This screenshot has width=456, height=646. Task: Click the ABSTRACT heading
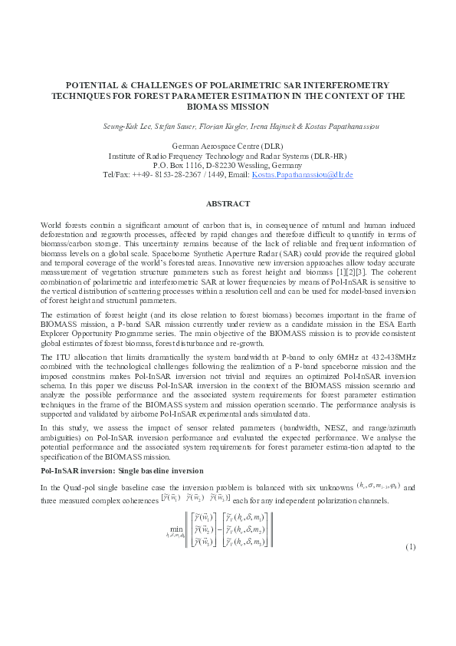[228, 203]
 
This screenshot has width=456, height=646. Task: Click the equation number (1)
[410, 546]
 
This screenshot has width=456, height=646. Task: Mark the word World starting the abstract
[50, 223]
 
